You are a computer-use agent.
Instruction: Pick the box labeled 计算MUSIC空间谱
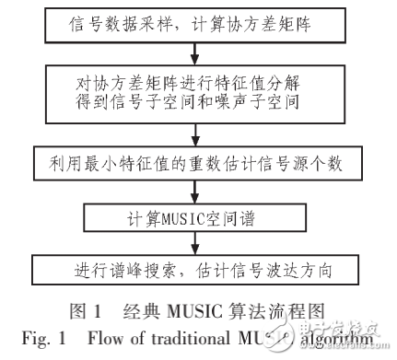pos(197,220)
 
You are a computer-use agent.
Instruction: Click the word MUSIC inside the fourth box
pos(190,220)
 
